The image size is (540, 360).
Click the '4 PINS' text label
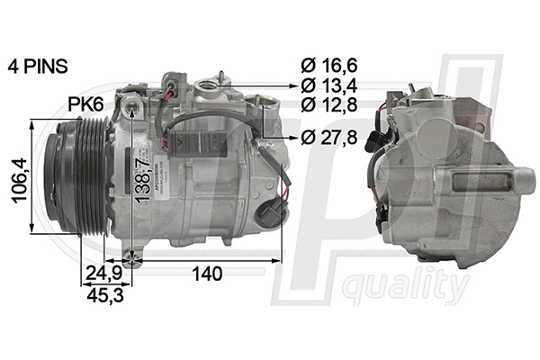(37, 67)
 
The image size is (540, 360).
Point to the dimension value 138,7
(141, 180)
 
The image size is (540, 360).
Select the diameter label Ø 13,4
(328, 86)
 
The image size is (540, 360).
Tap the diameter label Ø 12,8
(328, 105)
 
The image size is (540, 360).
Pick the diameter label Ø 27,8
(328, 137)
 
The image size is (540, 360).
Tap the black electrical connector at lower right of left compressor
(271, 214)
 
